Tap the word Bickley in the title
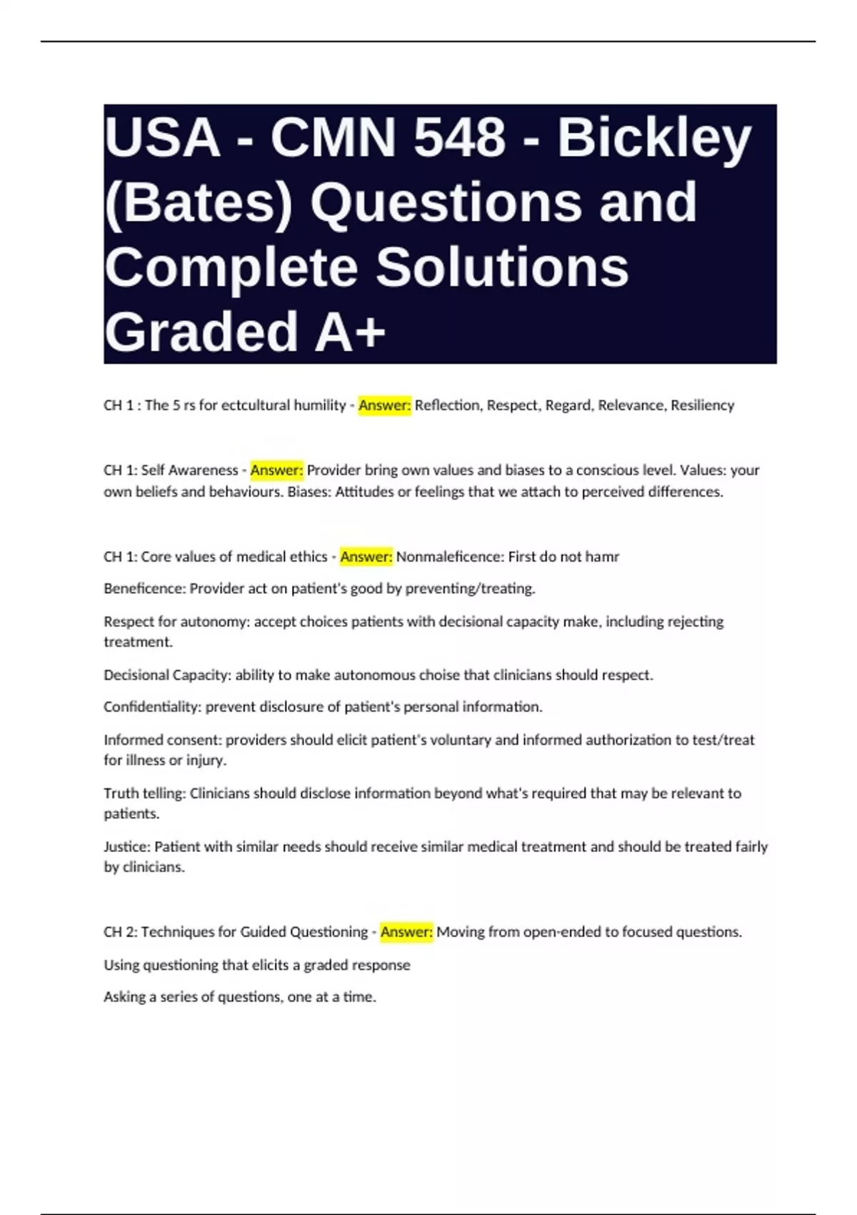654,137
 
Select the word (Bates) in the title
199,202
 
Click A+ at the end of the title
350,331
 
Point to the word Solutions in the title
502,267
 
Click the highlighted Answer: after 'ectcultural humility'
384,405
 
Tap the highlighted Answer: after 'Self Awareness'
276,470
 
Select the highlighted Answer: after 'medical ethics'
366,557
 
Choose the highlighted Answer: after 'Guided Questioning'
406,932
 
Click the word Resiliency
702,405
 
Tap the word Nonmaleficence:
450,557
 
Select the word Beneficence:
145,589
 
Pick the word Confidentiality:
153,707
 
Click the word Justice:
127,847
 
